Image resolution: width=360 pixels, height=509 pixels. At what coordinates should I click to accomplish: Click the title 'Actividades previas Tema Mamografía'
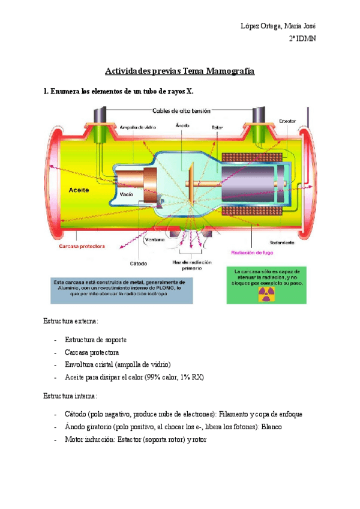(180, 71)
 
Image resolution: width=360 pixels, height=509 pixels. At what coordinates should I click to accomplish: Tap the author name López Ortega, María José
(278, 25)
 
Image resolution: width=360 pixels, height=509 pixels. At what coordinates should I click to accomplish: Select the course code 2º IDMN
(302, 38)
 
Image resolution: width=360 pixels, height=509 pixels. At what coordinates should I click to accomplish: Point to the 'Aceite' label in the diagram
(79, 188)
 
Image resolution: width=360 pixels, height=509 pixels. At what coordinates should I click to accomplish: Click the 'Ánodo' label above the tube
(182, 125)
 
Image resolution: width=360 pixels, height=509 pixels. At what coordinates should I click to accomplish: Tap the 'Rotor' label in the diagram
(217, 127)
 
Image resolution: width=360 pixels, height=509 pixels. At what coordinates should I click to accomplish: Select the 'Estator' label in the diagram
(287, 121)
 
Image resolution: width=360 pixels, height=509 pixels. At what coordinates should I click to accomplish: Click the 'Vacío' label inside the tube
(126, 194)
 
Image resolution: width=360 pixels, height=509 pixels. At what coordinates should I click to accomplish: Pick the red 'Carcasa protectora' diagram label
(82, 246)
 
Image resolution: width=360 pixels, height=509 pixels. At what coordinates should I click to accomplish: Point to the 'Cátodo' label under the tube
(139, 263)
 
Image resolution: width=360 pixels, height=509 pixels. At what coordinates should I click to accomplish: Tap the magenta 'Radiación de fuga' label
(257, 253)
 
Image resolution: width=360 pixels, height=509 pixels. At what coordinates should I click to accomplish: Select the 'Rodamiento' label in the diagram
(281, 243)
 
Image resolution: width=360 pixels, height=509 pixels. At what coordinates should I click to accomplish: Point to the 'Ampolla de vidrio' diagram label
(137, 127)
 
